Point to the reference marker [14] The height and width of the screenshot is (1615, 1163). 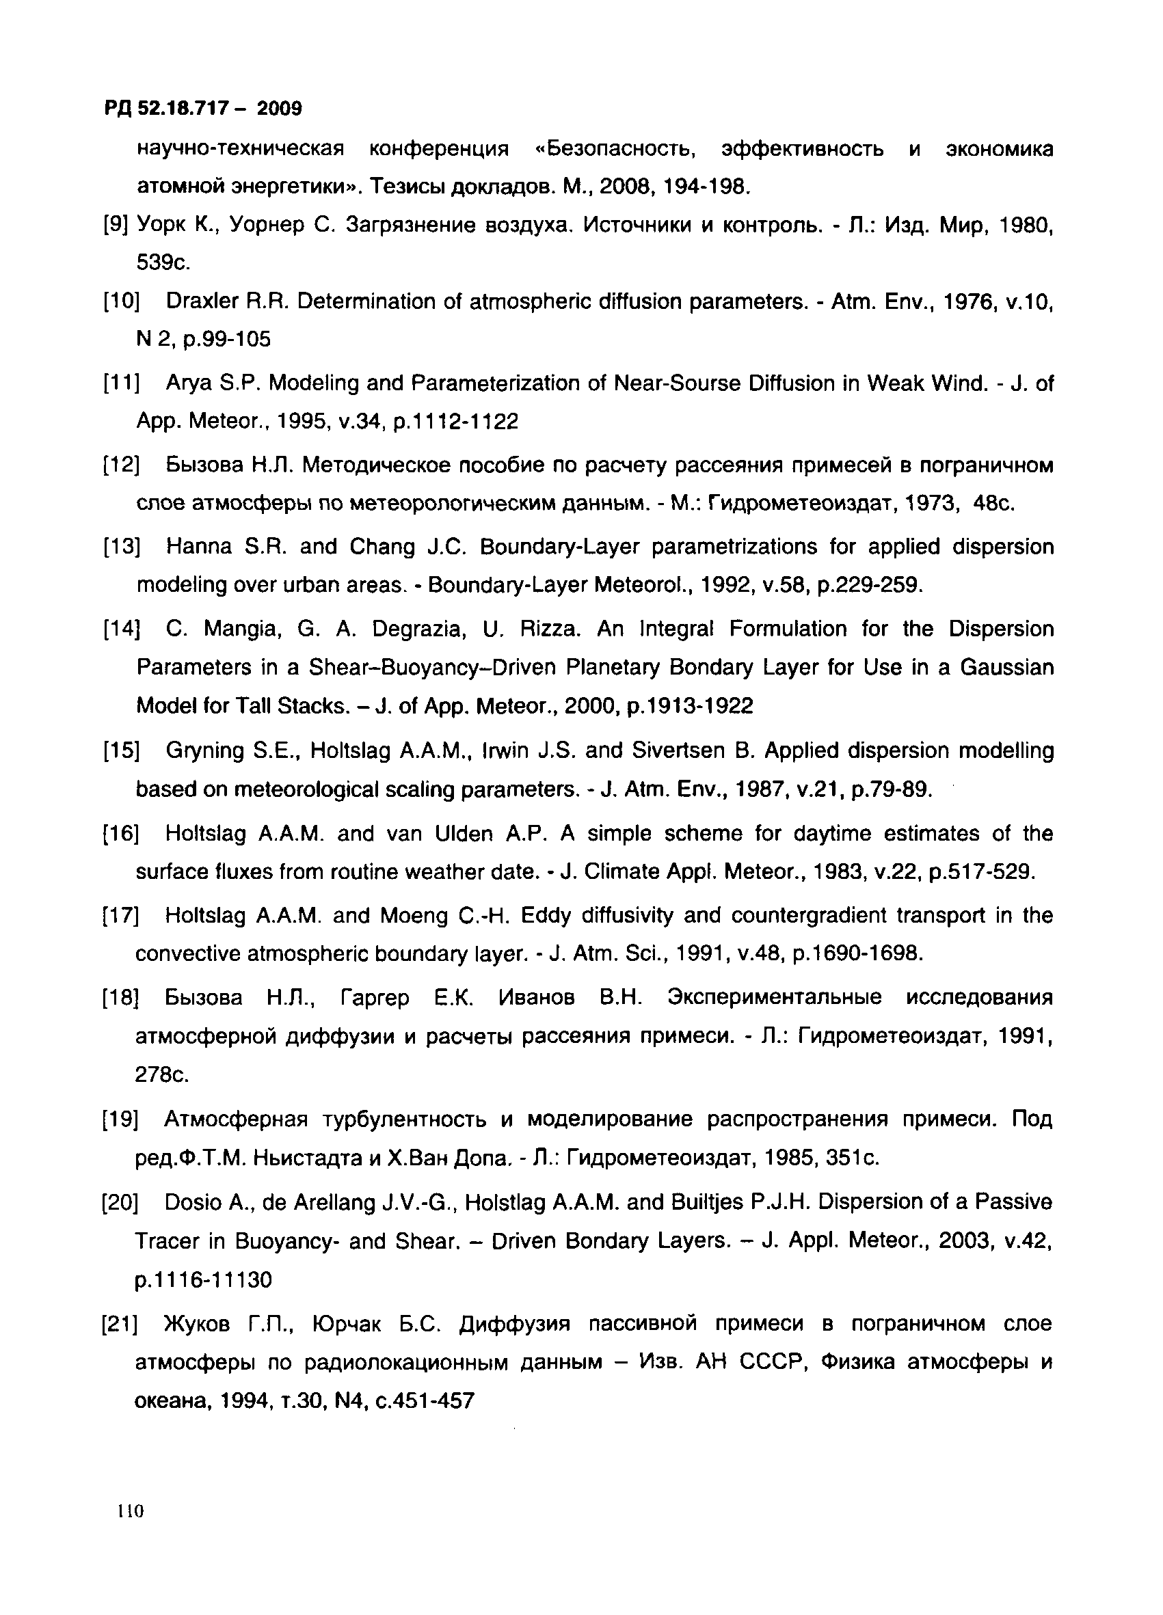[121, 629]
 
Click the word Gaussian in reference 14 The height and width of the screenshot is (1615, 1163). [1006, 667]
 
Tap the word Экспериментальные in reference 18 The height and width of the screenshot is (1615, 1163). [774, 997]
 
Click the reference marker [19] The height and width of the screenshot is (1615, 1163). [120, 1120]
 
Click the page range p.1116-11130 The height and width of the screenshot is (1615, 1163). [204, 1280]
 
